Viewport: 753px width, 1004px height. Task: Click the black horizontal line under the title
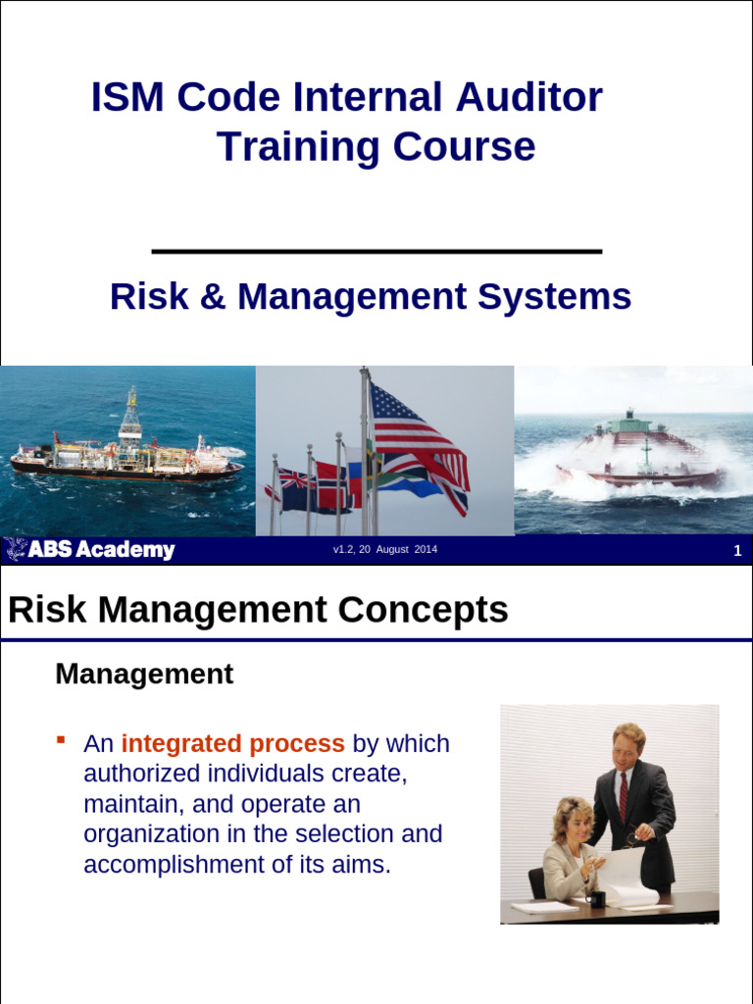376,252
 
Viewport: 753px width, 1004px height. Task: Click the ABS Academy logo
90,550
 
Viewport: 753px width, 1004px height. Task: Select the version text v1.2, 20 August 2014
384,550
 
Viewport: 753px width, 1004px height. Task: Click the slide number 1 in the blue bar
737,551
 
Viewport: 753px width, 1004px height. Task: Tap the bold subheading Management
144,675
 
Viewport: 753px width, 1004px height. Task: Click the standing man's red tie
623,795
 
